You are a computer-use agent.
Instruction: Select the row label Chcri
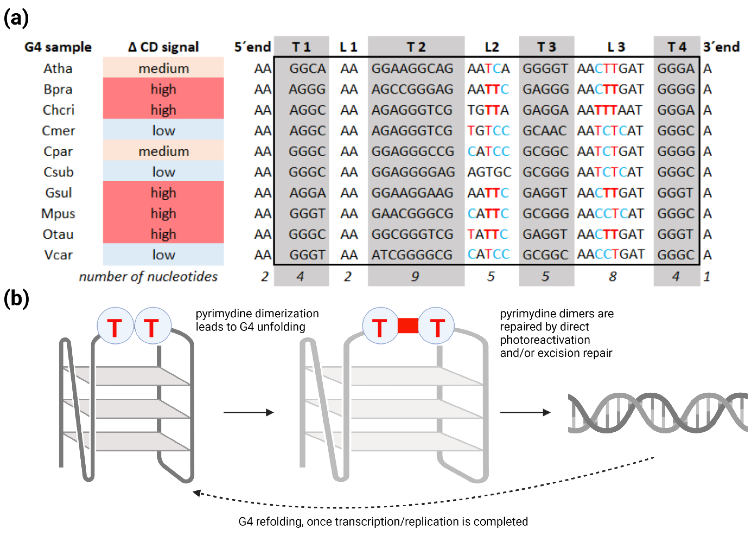coord(58,110)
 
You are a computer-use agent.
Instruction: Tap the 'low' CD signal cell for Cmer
coord(163,131)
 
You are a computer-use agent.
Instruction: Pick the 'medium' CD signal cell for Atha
coord(163,69)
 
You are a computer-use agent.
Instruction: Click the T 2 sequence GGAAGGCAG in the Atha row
coord(412,69)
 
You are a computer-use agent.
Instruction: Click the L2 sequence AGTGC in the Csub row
coord(489,172)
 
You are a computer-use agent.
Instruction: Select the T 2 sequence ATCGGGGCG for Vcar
coord(412,255)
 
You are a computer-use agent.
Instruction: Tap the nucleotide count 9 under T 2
coord(415,276)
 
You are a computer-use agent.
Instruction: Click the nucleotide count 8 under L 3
coord(613,276)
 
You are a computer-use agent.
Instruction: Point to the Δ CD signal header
coord(163,47)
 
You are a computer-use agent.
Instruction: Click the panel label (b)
coord(16,299)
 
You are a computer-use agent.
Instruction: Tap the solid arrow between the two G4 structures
coord(248,412)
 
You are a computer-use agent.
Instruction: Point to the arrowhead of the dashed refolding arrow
coord(197,493)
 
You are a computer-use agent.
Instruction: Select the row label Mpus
coord(58,214)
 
